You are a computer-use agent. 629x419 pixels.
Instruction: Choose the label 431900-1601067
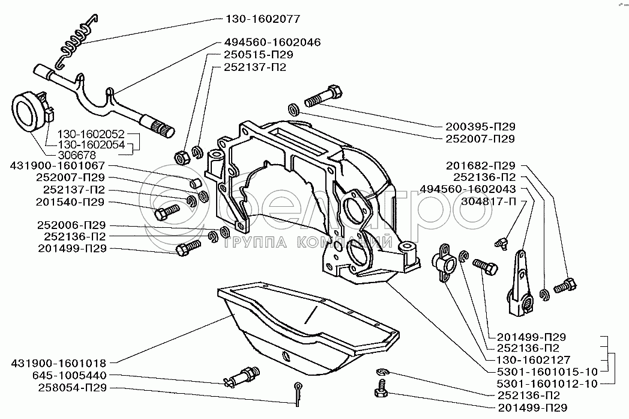[x=53, y=165]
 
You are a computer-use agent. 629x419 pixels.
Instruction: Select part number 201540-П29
[x=71, y=201]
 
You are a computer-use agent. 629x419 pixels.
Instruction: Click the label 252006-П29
[x=71, y=225]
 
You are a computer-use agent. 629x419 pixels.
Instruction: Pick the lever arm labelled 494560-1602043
[x=519, y=283]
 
